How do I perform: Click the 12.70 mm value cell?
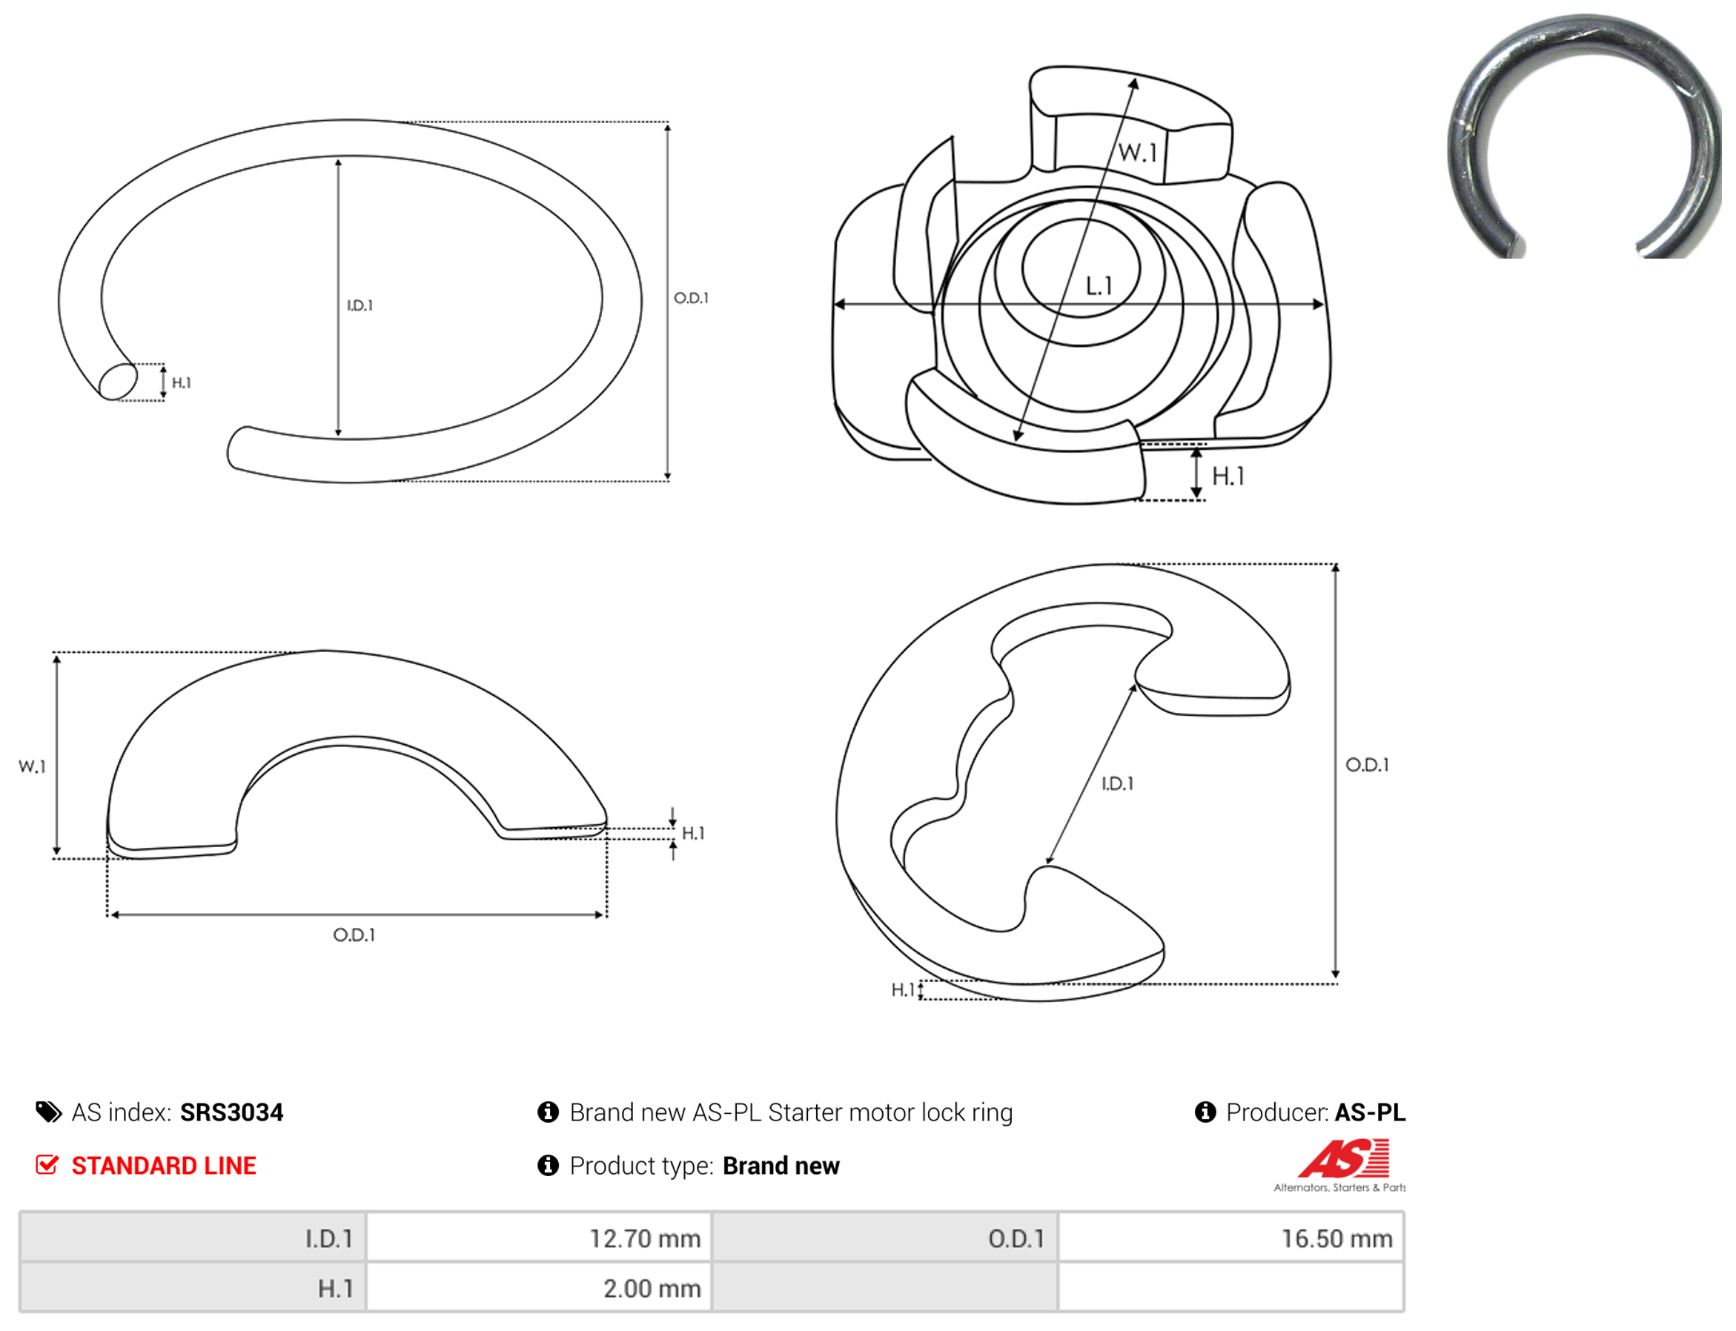(539, 1238)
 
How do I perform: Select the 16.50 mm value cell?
(1230, 1238)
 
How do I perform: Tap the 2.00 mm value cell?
(539, 1287)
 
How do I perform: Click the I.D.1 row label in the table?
(193, 1238)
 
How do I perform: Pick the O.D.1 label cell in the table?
(885, 1238)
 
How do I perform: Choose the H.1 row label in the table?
(193, 1287)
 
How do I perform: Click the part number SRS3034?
(231, 1112)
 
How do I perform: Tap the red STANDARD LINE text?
(164, 1166)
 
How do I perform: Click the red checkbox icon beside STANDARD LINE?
(47, 1165)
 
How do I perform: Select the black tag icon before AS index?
(48, 1112)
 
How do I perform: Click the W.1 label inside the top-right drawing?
(1138, 152)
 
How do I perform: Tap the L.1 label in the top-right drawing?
(1099, 286)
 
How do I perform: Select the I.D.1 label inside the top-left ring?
(360, 306)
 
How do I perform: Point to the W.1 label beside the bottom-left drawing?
(33, 767)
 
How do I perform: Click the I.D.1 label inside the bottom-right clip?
(1117, 783)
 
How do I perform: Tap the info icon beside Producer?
(1205, 1112)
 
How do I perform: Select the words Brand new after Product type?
(781, 1166)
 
